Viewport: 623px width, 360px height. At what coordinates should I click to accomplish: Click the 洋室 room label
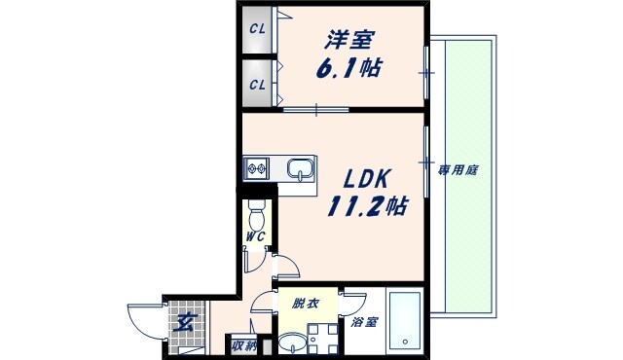(x=349, y=40)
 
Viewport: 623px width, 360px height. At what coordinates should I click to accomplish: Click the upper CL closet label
(x=256, y=28)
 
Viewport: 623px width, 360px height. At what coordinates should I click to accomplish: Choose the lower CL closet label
(x=256, y=84)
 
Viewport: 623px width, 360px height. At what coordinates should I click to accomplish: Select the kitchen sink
(x=301, y=169)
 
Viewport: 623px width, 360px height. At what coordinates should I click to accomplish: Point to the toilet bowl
(x=257, y=213)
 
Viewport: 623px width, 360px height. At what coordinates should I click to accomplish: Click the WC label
(x=255, y=236)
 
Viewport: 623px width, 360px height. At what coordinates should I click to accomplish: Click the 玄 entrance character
(x=182, y=325)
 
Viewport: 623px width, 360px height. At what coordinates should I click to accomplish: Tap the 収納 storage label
(x=243, y=344)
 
